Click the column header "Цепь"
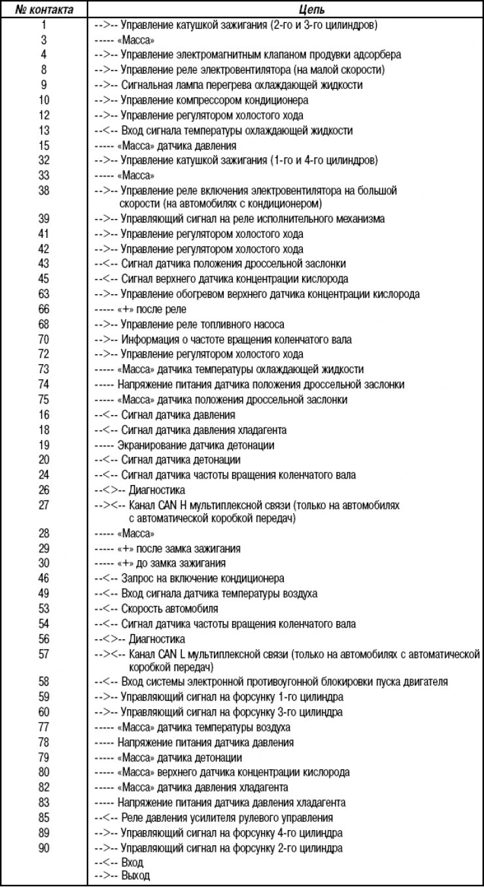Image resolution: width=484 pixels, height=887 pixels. pos(285,10)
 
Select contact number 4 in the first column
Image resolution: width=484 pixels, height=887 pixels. pos(44,55)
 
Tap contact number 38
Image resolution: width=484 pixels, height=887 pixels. pos(44,191)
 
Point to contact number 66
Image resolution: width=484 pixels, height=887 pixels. pos(44,309)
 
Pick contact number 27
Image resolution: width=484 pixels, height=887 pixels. pos(44,505)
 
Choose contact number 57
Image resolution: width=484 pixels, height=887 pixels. pos(44,654)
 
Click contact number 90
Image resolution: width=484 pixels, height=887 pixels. pos(44,848)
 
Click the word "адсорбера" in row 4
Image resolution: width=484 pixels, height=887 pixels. pos(375,55)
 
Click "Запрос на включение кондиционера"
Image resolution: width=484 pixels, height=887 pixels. pos(203,579)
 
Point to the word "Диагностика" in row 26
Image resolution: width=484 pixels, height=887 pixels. pos(157,490)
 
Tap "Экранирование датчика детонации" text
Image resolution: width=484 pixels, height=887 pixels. pos(196,445)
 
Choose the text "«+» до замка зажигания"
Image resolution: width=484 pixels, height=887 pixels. pos(172,563)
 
